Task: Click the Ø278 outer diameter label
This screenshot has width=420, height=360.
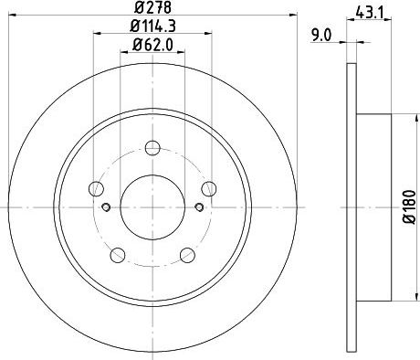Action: pyautogui.click(x=152, y=7)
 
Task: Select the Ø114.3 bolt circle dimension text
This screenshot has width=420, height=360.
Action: pyautogui.click(x=152, y=26)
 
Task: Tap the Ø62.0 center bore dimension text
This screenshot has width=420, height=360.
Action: pyautogui.click(x=152, y=45)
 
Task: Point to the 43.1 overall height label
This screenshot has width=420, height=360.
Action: pyautogui.click(x=369, y=13)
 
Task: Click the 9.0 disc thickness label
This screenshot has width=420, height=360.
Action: pyautogui.click(x=320, y=36)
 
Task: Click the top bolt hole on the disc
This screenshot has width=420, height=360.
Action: pyautogui.click(x=152, y=148)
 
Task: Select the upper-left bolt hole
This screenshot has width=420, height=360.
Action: pyautogui.click(x=96, y=188)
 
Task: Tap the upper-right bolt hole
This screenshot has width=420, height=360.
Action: pyautogui.click(x=209, y=188)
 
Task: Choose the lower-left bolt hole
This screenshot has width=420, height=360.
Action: pyautogui.click(x=118, y=255)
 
